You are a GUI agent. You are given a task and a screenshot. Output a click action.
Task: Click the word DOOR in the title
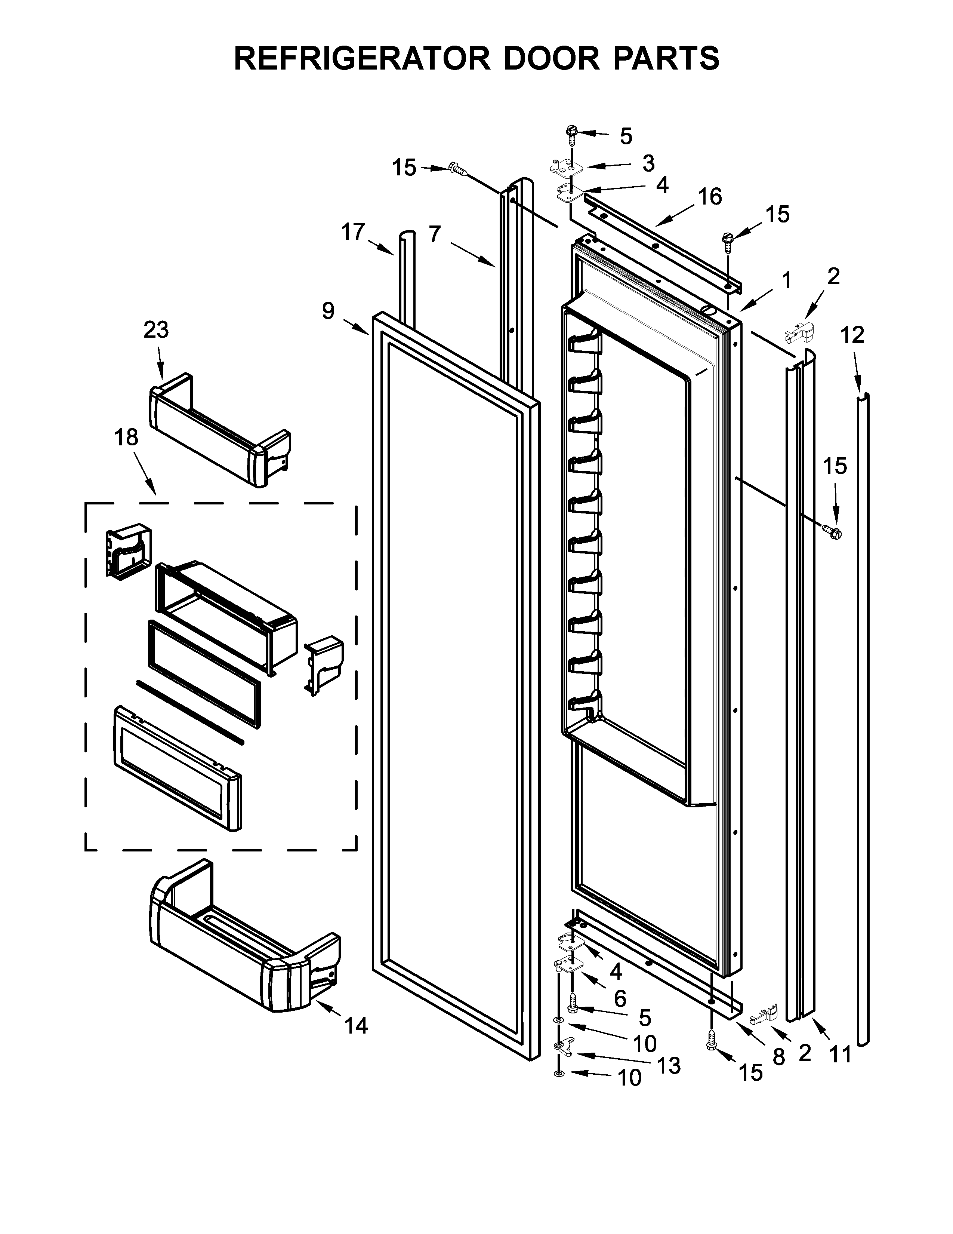point(551,58)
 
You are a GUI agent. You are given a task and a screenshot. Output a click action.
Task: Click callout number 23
point(156,330)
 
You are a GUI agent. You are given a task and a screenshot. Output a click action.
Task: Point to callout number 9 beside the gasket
point(329,310)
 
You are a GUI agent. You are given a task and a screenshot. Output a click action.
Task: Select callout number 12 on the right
point(852,336)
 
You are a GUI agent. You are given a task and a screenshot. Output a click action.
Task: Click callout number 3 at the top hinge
point(648,163)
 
